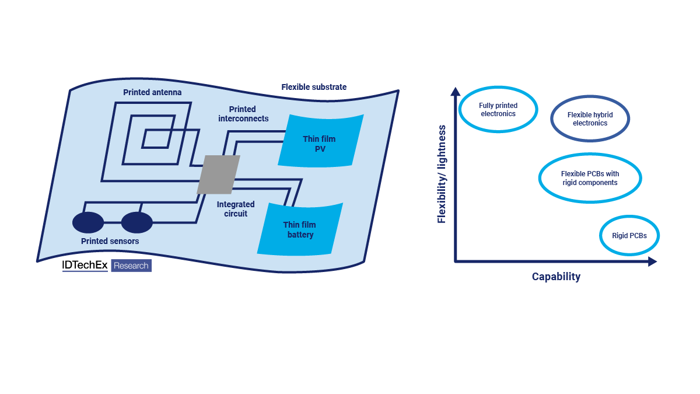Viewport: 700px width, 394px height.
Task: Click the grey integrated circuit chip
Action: (218, 175)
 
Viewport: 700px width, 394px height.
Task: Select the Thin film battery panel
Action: (300, 229)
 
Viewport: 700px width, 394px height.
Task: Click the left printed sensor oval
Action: (88, 222)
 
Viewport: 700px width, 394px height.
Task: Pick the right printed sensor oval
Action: (137, 222)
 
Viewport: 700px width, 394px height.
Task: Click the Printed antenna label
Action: (152, 92)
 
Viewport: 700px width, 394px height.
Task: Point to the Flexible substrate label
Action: (314, 87)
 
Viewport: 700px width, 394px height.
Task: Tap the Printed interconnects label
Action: (243, 114)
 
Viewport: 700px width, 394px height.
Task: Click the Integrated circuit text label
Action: (236, 209)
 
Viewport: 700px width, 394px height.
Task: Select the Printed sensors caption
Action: (110, 240)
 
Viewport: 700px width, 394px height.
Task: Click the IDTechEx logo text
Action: (85, 266)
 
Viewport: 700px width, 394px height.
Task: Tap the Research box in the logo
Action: (131, 266)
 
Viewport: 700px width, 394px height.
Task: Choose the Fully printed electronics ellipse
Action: (498, 110)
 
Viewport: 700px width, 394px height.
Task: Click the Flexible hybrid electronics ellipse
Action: (590, 119)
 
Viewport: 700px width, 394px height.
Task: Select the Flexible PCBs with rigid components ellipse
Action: (590, 178)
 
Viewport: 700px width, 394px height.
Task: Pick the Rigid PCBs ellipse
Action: (629, 236)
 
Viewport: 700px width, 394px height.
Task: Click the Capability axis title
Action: (556, 277)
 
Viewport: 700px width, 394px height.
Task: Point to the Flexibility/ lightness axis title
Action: (442, 174)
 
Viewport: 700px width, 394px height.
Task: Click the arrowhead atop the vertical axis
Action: (456, 91)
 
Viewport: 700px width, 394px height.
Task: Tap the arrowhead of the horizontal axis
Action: (652, 261)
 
